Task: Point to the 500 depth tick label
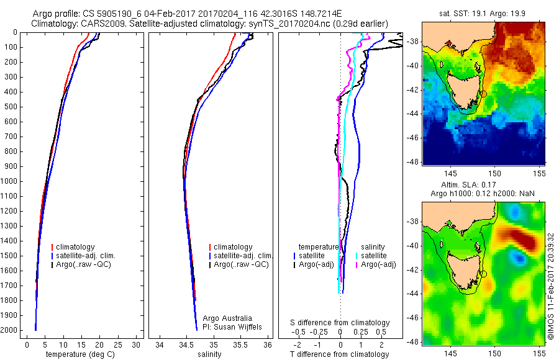(x=11, y=107)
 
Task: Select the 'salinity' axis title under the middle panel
(x=209, y=354)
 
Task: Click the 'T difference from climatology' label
(x=340, y=354)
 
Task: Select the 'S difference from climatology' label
(x=340, y=323)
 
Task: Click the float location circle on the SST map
(x=484, y=93)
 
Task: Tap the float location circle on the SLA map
(x=484, y=274)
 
